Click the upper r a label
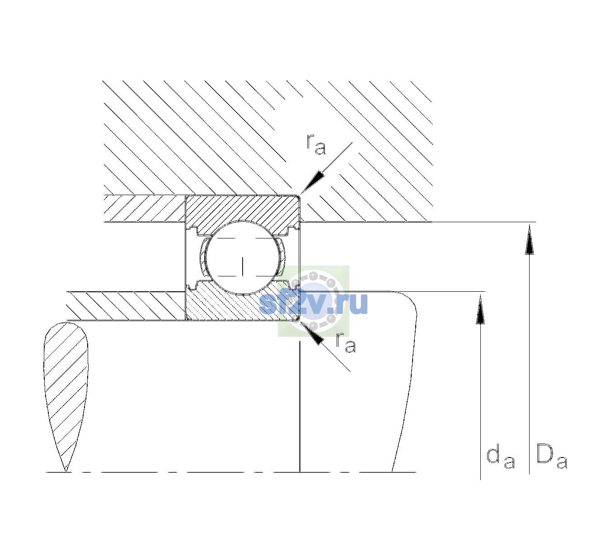(x=316, y=145)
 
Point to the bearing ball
(x=243, y=257)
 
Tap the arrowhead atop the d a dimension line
(x=480, y=309)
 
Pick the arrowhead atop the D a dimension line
(x=529, y=239)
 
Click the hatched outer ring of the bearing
(x=242, y=210)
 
